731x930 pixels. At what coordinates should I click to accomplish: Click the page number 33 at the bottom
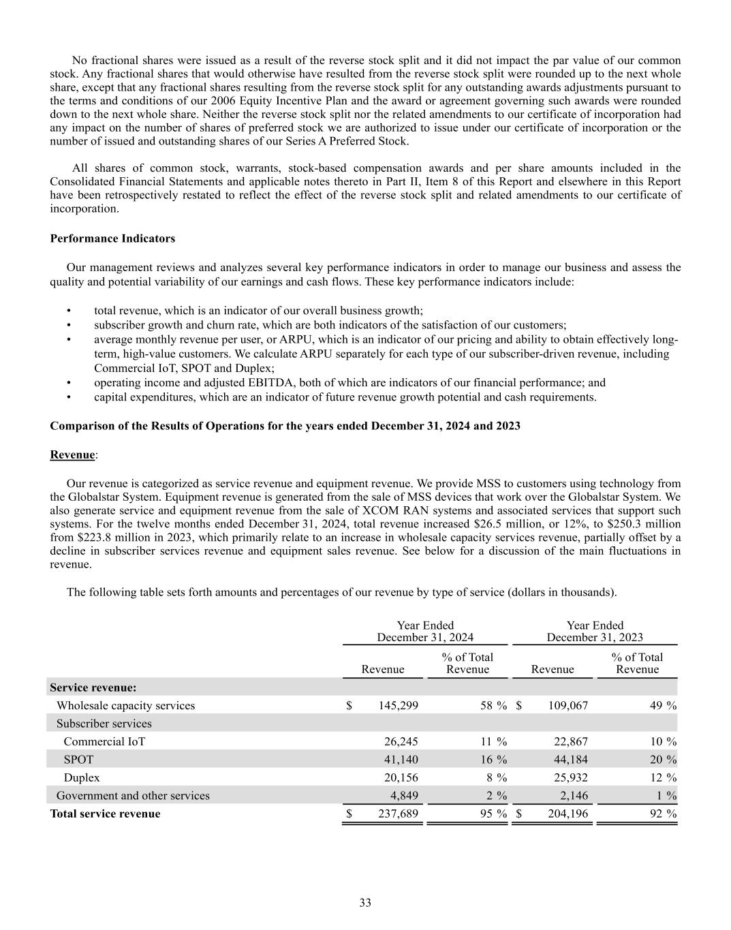click(x=365, y=903)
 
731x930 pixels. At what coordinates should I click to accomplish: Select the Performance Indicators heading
click(x=112, y=238)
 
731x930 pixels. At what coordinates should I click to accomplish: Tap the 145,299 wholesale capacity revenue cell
click(x=398, y=705)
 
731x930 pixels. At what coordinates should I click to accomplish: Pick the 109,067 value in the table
click(x=567, y=705)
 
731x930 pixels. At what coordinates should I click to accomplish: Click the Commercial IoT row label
click(x=104, y=741)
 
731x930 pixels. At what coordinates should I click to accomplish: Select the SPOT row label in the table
click(x=78, y=759)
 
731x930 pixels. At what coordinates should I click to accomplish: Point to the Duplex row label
click(x=82, y=777)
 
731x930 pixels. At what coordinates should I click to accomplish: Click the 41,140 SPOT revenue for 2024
click(x=401, y=759)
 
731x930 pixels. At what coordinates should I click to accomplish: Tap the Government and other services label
click(x=133, y=795)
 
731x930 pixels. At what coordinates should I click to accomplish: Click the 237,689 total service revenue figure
click(x=398, y=813)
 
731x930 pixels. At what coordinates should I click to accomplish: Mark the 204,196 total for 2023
click(x=567, y=813)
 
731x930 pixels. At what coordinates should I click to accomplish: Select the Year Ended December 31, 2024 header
click(x=425, y=632)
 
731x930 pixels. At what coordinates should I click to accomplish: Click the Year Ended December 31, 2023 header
click(x=595, y=632)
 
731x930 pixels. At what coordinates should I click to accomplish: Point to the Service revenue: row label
click(x=93, y=687)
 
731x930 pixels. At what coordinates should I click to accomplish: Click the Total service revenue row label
click(x=106, y=813)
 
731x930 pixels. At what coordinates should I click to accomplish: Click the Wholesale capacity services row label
click(x=125, y=705)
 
